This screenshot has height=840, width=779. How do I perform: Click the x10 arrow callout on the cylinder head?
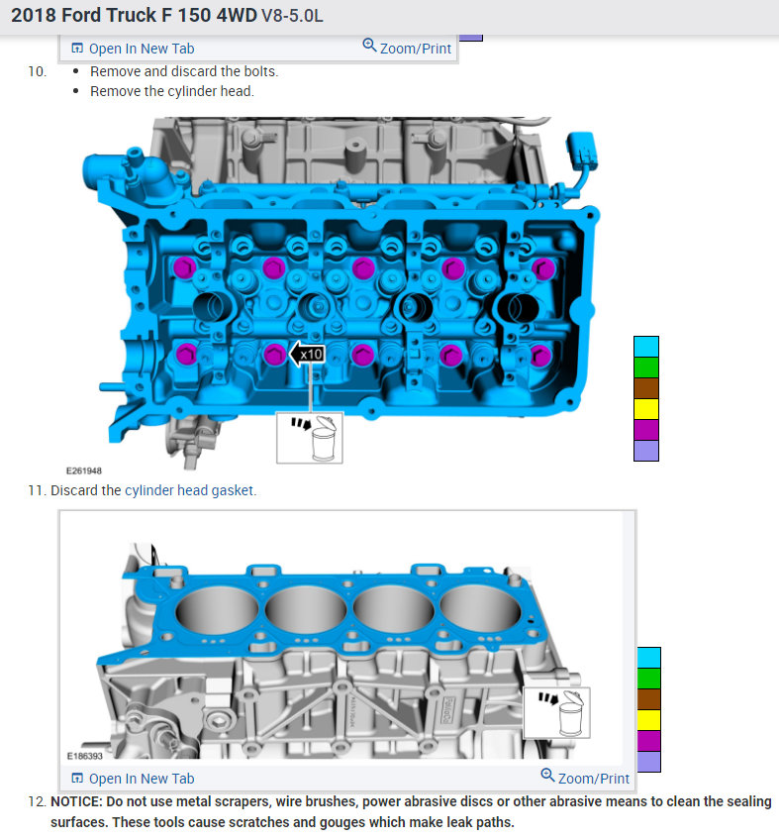[307, 354]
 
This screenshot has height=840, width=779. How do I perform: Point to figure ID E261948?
[84, 471]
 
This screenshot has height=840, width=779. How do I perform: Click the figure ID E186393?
[84, 756]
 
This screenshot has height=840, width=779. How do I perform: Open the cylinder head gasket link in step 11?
[189, 490]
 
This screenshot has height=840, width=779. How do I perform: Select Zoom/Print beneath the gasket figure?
[585, 778]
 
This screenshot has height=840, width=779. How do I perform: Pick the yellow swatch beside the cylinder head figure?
[646, 409]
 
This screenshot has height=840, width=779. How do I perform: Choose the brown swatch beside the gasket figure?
[649, 699]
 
